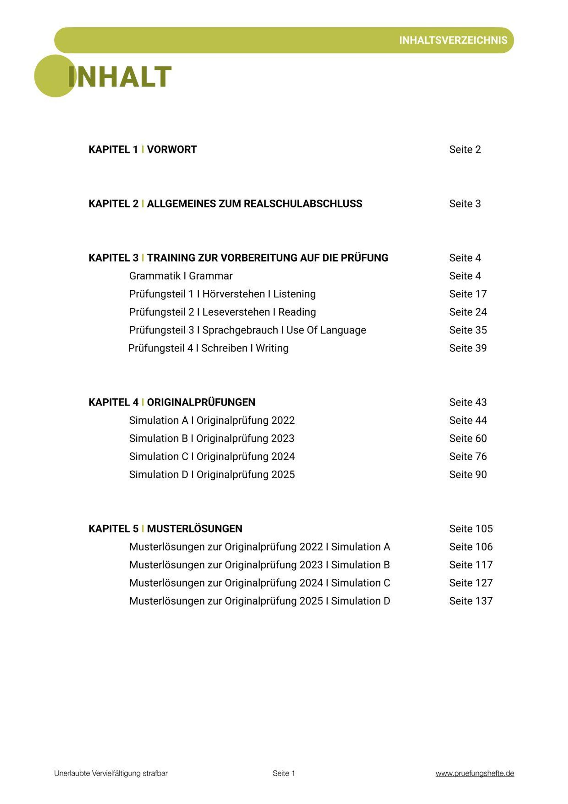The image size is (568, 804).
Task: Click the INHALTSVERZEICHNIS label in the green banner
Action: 453,40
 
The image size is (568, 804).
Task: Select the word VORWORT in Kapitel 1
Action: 172,150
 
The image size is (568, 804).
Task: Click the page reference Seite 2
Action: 465,150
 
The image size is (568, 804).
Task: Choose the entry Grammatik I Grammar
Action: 181,276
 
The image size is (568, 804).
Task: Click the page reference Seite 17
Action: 468,294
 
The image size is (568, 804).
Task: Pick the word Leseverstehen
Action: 236,312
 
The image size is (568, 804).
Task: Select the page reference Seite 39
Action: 468,348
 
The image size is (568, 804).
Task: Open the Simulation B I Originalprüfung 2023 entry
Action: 212,438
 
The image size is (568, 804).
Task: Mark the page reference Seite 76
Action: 468,456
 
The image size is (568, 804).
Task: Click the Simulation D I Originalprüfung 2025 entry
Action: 212,474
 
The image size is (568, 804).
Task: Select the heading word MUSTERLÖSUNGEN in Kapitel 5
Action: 195,528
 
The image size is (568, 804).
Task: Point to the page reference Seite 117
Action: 471,565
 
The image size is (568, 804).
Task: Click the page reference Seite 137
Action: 471,601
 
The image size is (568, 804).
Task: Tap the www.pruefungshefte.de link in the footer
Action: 475,773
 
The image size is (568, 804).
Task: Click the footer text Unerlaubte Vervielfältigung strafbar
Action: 111,773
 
